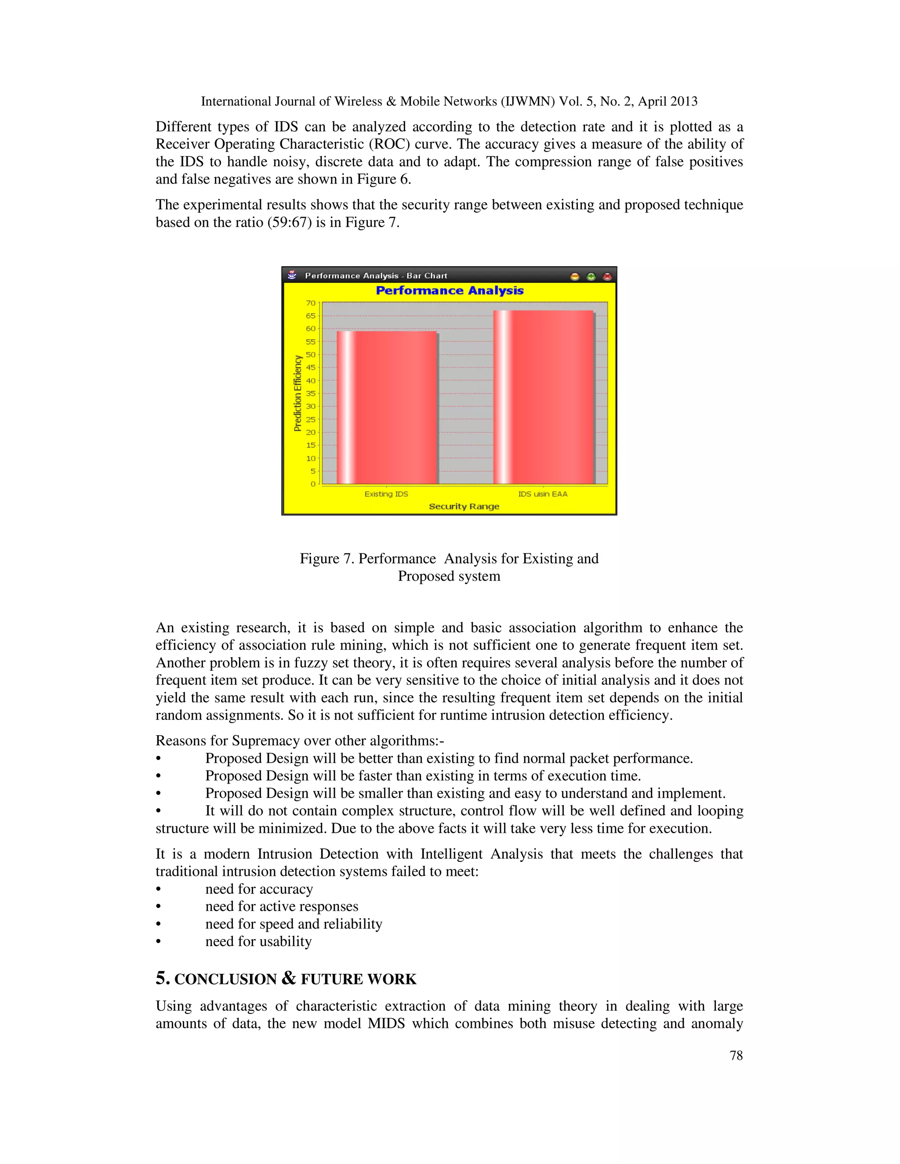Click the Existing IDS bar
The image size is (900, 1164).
tap(387, 408)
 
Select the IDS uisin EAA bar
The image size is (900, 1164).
tap(543, 397)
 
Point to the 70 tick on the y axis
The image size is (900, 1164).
tap(311, 303)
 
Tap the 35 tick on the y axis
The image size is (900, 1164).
tap(311, 393)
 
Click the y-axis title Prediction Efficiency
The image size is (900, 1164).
tap(298, 393)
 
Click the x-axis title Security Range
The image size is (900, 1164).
tap(464, 506)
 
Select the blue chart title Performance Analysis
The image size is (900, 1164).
tap(450, 290)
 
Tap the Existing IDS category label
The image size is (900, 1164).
tap(386, 494)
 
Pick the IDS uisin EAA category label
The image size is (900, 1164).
tap(543, 494)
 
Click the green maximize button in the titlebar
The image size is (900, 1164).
tap(591, 276)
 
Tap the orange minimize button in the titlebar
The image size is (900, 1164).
tap(575, 276)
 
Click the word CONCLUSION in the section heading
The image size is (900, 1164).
tap(225, 980)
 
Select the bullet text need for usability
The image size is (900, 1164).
tap(258, 941)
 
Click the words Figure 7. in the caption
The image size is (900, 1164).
tap(327, 559)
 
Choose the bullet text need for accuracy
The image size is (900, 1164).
tap(259, 889)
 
